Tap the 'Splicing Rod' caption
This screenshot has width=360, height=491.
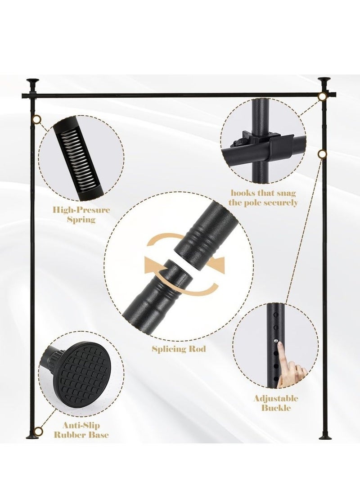(179, 349)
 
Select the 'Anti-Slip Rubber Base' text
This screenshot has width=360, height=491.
(81, 430)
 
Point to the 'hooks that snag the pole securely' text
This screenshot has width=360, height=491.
(263, 198)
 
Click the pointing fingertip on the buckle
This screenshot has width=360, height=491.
(280, 345)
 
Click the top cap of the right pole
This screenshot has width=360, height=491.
(324, 81)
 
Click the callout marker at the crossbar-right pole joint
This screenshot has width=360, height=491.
(322, 97)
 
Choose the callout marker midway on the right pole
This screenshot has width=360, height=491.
(322, 154)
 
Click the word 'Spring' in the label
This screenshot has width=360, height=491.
(81, 220)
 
